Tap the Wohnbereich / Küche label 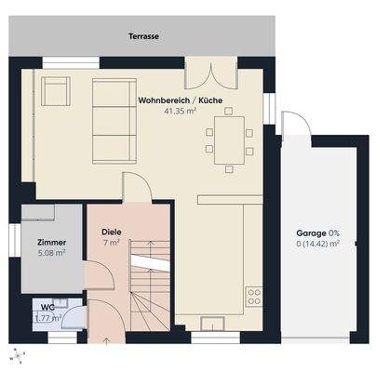pyautogui.click(x=181, y=100)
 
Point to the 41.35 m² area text pyautogui.click(x=181, y=111)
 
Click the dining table pyautogui.click(x=229, y=138)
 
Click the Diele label pyautogui.click(x=111, y=232)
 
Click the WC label pyautogui.click(x=47, y=307)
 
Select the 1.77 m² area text pyautogui.click(x=47, y=318)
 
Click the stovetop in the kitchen pyautogui.click(x=253, y=298)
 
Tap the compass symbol pyautogui.click(x=16, y=355)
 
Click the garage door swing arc pyautogui.click(x=296, y=126)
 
